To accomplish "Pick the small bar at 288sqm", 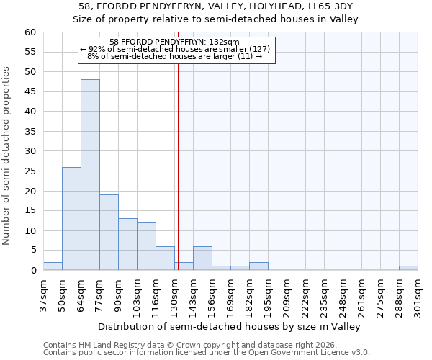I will click(408, 268).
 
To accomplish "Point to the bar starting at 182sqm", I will click(258, 266).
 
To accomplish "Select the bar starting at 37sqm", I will click(53, 266).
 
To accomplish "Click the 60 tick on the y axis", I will click(30, 32).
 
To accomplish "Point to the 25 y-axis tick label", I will click(30, 171).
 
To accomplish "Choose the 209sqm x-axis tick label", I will click(287, 296).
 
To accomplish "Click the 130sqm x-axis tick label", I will click(174, 296).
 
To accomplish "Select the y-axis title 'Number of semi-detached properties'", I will click(6, 156).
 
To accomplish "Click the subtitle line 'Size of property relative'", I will click(216, 19).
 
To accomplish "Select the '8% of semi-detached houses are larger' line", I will click(174, 56).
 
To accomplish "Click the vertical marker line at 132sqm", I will click(178, 166).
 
